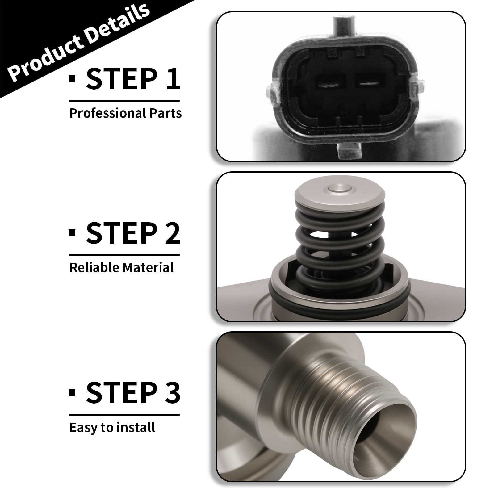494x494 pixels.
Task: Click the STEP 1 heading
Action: tap(133, 79)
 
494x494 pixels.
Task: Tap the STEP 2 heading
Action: tap(133, 233)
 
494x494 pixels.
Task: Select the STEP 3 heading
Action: tap(133, 393)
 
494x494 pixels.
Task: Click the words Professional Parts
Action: tap(126, 113)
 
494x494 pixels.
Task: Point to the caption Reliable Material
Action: tap(122, 267)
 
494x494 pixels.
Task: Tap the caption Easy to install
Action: tap(112, 428)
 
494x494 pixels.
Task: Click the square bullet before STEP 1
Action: tap(72, 78)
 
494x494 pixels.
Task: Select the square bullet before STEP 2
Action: tap(72, 232)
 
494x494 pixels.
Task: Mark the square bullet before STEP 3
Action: tap(72, 392)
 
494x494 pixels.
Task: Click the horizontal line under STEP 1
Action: tap(124, 101)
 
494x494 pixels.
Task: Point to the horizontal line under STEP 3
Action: tap(124, 415)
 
